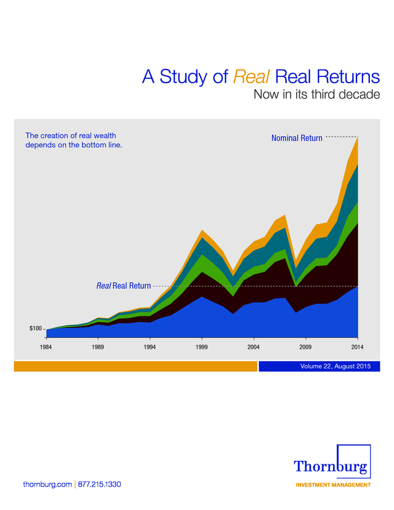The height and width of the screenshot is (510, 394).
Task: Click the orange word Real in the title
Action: click(x=251, y=77)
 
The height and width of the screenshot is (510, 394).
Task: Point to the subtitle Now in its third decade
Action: click(x=316, y=94)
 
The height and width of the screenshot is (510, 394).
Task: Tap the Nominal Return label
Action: click(x=297, y=138)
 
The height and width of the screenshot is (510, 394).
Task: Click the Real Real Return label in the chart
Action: click(x=124, y=286)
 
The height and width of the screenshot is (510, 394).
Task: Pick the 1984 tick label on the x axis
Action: click(x=46, y=347)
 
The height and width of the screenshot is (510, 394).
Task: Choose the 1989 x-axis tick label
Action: click(x=97, y=347)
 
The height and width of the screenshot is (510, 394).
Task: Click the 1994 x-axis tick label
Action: click(x=150, y=347)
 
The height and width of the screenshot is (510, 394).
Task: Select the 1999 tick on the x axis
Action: click(x=201, y=347)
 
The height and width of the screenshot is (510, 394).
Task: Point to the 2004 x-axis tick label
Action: click(x=254, y=347)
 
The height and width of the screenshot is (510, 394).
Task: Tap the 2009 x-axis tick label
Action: click(x=305, y=347)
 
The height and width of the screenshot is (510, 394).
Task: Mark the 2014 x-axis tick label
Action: click(x=357, y=347)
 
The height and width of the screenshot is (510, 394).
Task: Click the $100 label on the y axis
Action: click(x=36, y=328)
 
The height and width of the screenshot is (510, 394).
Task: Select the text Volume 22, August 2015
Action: click(x=336, y=366)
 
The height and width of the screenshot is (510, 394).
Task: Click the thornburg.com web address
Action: click(x=47, y=484)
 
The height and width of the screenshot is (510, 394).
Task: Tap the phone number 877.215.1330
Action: click(x=100, y=484)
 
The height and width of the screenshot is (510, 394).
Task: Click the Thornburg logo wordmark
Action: click(x=331, y=467)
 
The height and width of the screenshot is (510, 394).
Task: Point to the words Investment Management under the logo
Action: click(x=333, y=485)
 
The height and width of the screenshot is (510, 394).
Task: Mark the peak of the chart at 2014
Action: click(x=358, y=136)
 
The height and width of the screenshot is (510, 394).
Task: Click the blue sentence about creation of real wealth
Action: click(x=74, y=140)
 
